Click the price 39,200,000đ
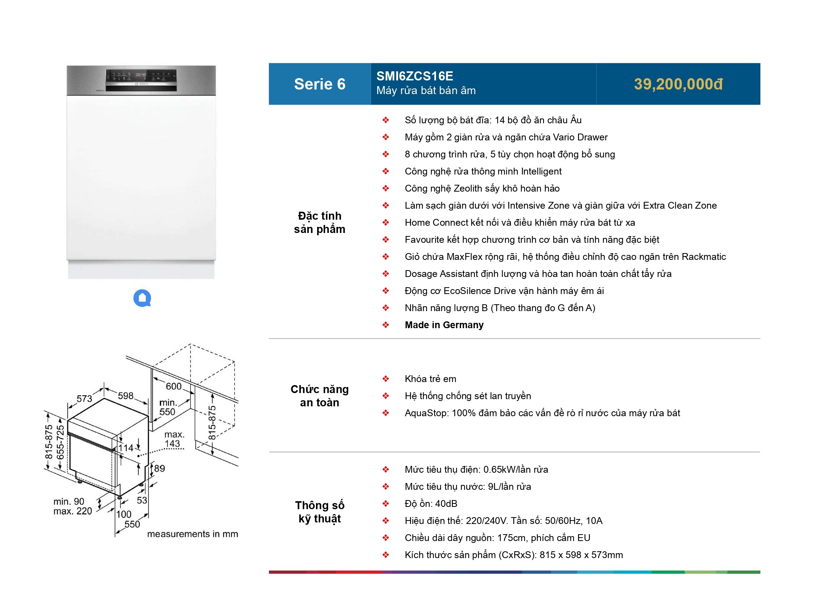click(678, 84)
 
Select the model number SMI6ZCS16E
click(414, 76)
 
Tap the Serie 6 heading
click(319, 84)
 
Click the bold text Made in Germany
click(444, 325)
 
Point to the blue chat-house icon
click(142, 298)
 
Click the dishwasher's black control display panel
click(141, 80)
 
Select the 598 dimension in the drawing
click(125, 396)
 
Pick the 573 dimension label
click(84, 398)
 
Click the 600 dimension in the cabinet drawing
click(174, 386)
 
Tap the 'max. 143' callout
click(174, 439)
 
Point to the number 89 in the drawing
click(160, 469)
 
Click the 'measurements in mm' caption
click(193, 534)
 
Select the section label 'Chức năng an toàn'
click(319, 396)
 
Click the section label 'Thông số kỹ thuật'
click(319, 512)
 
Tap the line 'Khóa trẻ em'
click(430, 379)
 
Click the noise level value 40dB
click(446, 504)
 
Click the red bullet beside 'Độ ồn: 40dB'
click(386, 504)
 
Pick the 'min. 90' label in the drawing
click(69, 502)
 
